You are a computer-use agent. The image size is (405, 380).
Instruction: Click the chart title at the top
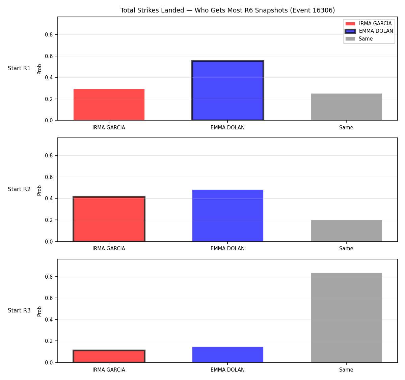coord(227,10)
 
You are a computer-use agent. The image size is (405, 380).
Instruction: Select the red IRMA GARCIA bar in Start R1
coord(109,105)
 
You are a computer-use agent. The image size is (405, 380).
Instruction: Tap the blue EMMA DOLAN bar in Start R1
coord(227,90)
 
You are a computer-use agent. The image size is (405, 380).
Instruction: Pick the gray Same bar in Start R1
coord(346,107)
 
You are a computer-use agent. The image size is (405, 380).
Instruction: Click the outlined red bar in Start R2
coord(109,219)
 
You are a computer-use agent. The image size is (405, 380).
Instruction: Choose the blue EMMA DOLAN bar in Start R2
coord(227,216)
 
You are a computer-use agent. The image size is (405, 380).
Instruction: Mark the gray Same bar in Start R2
coord(346,231)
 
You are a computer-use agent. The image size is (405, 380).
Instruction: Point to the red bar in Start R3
coord(109,356)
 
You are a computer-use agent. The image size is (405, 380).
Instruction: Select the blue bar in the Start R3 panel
coord(227,355)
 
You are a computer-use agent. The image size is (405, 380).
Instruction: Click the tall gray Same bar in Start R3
coord(346,318)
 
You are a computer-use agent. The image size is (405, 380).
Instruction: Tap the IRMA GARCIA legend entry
coord(369,24)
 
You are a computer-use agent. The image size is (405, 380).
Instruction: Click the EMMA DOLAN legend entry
coord(369,31)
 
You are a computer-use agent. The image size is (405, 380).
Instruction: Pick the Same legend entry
coord(359,39)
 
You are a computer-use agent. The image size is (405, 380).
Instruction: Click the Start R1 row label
coord(19,68)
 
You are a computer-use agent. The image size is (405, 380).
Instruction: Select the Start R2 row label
coord(19,189)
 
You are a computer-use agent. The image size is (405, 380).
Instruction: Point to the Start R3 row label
coord(19,310)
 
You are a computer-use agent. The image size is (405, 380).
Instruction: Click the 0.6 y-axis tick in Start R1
coord(49,56)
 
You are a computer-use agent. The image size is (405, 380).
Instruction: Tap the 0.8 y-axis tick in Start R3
coord(49,277)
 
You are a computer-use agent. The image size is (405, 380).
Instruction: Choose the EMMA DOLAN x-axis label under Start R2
coord(227,249)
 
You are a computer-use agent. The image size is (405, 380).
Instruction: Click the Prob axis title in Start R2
coord(39,190)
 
